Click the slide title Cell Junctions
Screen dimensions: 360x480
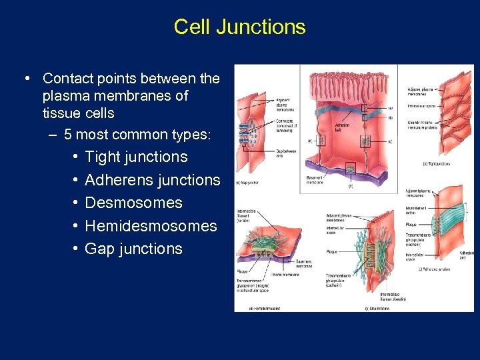[x=239, y=27]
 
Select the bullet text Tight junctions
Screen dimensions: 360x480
[x=136, y=157]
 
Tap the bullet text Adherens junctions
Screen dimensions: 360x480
[x=152, y=180]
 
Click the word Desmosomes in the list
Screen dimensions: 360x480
[x=133, y=203]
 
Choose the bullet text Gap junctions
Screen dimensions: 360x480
[x=133, y=249]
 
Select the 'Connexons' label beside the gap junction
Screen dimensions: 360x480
[x=285, y=124]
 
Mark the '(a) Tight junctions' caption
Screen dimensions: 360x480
[x=436, y=164]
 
